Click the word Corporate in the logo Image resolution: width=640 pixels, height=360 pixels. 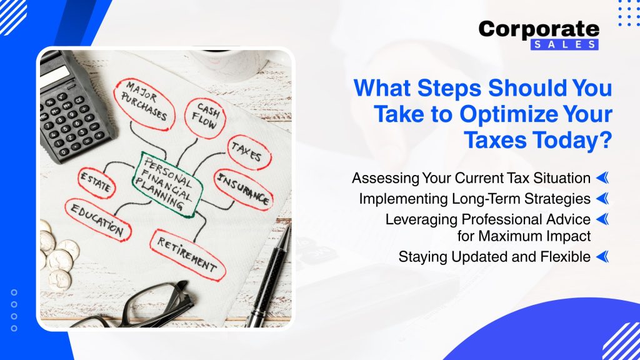[539, 30]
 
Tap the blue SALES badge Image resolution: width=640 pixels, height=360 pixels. [564, 44]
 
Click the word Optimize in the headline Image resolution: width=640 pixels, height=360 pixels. [508, 114]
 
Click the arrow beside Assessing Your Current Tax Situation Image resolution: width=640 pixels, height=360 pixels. [602, 178]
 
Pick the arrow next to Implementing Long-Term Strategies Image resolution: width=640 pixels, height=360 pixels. [602, 199]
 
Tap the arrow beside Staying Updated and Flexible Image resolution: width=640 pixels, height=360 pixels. [602, 257]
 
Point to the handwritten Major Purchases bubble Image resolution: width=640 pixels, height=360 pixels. [144, 104]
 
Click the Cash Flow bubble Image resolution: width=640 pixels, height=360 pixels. [205, 117]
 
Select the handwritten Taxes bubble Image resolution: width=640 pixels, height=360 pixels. [249, 152]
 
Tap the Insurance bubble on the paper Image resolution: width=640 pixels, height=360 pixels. [243, 189]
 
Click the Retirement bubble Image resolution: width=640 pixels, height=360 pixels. [187, 255]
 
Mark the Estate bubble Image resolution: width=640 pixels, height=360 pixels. [96, 183]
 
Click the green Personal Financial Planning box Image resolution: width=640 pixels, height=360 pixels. [167, 184]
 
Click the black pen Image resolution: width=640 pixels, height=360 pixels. [269, 277]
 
